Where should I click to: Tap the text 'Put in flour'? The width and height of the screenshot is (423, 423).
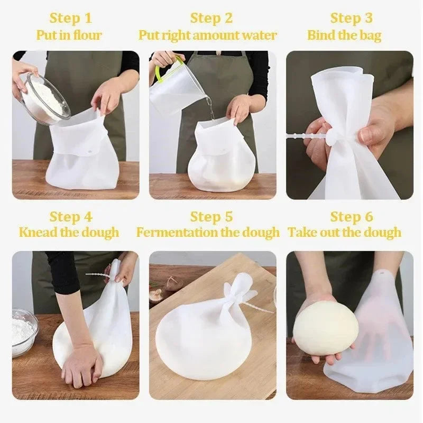[x=69, y=35]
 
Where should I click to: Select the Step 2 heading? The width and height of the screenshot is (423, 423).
[x=212, y=18]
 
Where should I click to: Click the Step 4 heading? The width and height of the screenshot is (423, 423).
[x=71, y=217]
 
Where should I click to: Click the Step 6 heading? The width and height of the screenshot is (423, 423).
[x=352, y=217]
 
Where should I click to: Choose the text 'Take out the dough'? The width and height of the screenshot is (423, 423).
[x=344, y=233]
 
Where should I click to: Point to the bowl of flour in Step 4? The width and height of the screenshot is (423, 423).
[x=24, y=332]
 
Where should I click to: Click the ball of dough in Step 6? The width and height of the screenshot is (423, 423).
[x=325, y=328]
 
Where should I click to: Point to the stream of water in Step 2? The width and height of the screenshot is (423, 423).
[x=211, y=108]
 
